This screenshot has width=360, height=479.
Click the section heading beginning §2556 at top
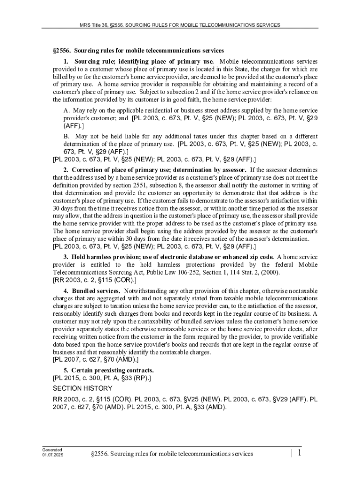point(138,50)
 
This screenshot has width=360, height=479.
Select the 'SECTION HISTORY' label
point(82,388)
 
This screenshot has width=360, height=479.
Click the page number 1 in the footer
point(298,453)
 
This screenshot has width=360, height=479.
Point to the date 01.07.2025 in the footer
point(52,455)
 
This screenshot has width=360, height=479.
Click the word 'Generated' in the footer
point(52,450)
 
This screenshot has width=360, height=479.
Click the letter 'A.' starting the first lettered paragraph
point(67,110)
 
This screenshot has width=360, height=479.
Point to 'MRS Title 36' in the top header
point(96,24)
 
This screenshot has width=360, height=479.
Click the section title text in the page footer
point(173,453)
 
